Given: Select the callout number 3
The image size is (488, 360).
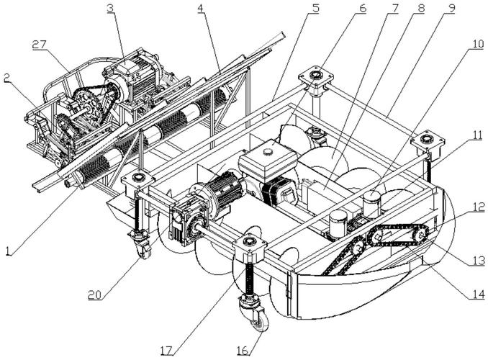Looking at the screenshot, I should click(110, 9).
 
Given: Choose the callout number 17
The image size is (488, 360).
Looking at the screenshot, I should click(166, 351).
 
